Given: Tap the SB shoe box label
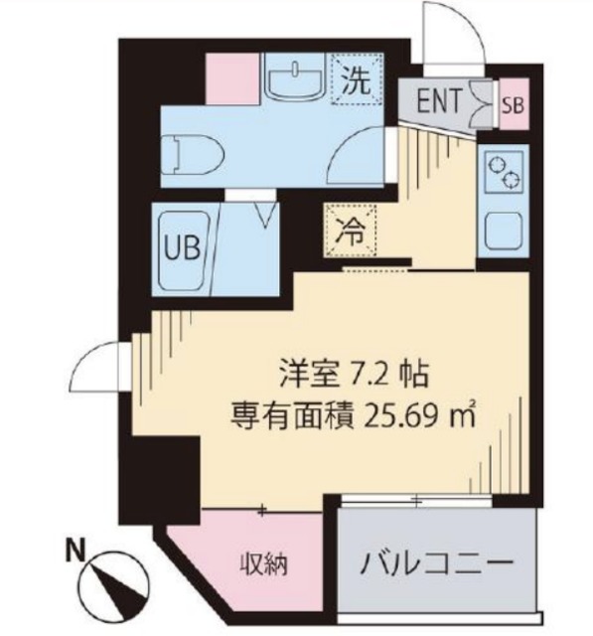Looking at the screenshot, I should [x=513, y=102].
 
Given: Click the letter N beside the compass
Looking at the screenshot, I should [x=74, y=548].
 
